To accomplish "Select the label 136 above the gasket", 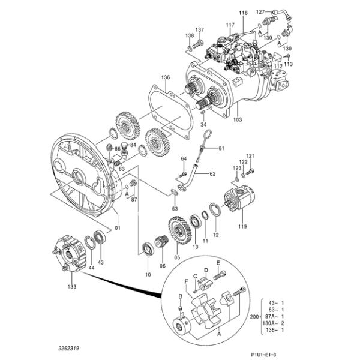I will (x=166, y=77).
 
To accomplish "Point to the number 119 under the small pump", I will (x=242, y=227).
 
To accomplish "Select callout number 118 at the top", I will (x=243, y=13).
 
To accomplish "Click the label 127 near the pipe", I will (x=260, y=11).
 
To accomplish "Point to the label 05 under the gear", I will (x=177, y=258).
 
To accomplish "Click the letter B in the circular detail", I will (x=180, y=296).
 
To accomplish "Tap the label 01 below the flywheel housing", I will (x=118, y=228).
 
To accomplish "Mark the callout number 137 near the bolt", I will (x=199, y=29).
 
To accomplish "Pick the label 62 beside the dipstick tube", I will (x=212, y=175).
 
